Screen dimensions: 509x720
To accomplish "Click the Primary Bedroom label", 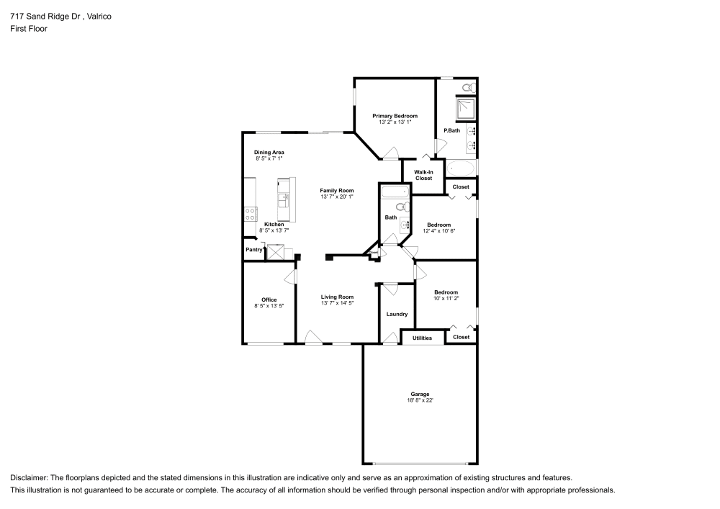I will click(395, 116).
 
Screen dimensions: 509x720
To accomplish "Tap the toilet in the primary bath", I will click(467, 88).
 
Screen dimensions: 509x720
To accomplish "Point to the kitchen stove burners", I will click(251, 213).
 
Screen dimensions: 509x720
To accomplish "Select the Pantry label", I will click(253, 250).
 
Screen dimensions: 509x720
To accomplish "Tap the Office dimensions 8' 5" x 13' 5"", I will click(269, 306).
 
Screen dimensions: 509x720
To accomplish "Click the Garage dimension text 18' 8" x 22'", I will click(420, 400).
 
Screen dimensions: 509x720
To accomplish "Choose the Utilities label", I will click(422, 337).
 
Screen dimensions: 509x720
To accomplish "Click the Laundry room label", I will click(397, 314).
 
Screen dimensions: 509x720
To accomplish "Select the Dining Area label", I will click(269, 152).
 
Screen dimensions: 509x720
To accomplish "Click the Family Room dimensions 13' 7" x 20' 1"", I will click(337, 197).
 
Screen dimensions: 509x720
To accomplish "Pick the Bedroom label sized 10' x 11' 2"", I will click(446, 292).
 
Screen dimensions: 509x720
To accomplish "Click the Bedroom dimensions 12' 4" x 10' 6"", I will click(439, 231).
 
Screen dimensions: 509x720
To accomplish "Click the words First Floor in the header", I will click(29, 29).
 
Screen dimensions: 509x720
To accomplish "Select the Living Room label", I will click(337, 297).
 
